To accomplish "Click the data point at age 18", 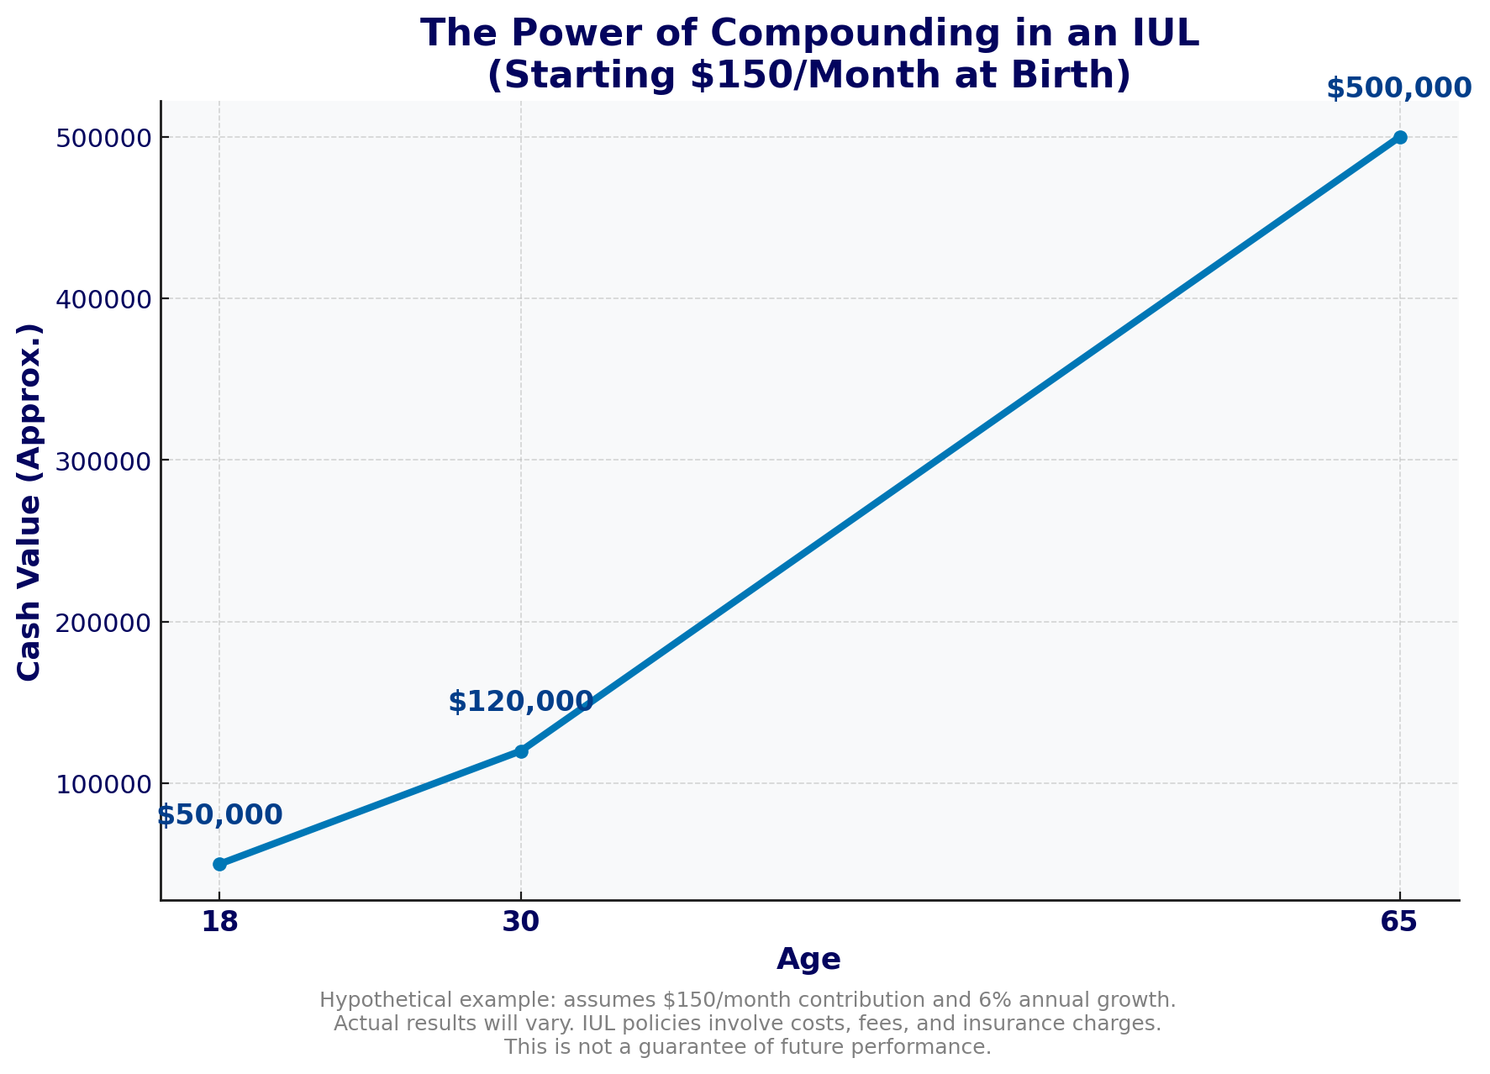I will point(219,864).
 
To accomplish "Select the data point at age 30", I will point(521,751).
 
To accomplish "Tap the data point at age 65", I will point(1399,137).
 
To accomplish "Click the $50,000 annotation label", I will point(219,815).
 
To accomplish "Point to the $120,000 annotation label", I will point(521,702).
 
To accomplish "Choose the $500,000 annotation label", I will point(1399,88).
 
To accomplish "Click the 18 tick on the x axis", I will point(219,923).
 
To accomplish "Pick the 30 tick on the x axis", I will point(521,923).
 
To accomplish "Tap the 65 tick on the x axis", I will point(1399,923).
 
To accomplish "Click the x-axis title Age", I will point(808,960).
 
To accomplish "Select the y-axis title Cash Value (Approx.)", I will point(30,501).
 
